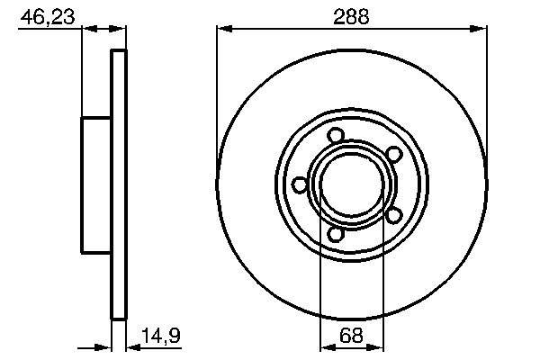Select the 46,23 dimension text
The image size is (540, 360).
pyautogui.click(x=49, y=15)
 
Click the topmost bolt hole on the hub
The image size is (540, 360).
pyautogui.click(x=336, y=136)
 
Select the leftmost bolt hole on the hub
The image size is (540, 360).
pyautogui.click(x=301, y=184)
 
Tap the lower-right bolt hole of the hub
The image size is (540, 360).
pyautogui.click(x=392, y=215)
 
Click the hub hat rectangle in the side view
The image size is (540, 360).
pyautogui.click(x=96, y=184)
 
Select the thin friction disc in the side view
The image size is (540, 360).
pyautogui.click(x=118, y=184)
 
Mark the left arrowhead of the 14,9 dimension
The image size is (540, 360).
pyautogui.click(x=104, y=345)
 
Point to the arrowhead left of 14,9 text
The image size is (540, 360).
pyautogui.click(x=131, y=345)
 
